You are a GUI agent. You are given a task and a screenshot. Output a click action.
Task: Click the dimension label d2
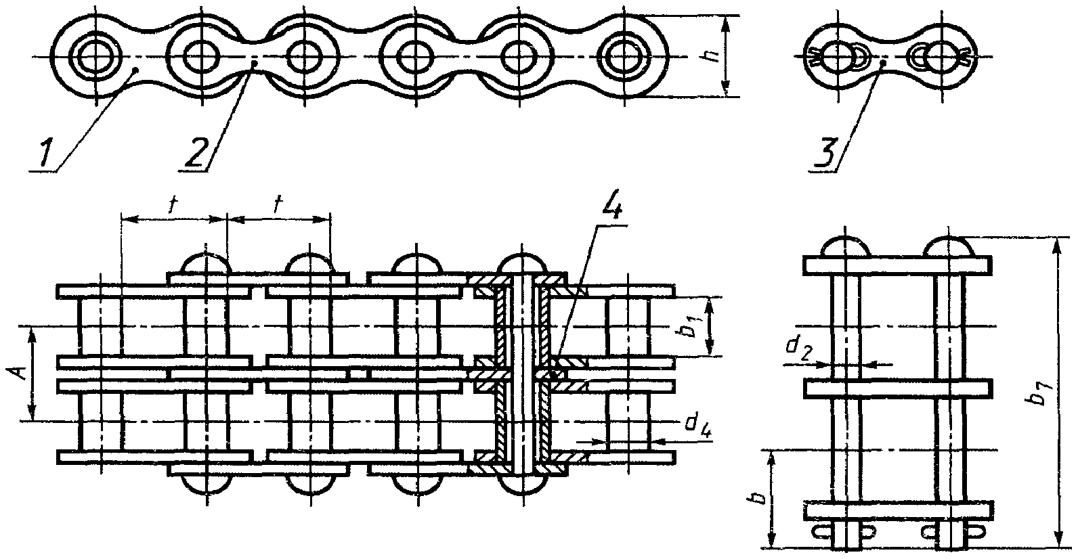pyautogui.click(x=797, y=349)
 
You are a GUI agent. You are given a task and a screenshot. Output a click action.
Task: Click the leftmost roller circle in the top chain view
pyautogui.click(x=94, y=56)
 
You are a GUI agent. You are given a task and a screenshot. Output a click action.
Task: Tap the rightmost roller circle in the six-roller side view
pyautogui.click(x=622, y=56)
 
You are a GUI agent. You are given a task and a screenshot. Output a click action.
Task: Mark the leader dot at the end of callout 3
pyautogui.click(x=882, y=64)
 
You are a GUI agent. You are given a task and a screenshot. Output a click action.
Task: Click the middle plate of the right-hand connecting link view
pyautogui.click(x=898, y=388)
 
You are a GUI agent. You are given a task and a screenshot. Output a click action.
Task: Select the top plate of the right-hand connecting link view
pyautogui.click(x=898, y=265)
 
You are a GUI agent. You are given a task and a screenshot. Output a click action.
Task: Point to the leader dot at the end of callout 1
pyautogui.click(x=135, y=69)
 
